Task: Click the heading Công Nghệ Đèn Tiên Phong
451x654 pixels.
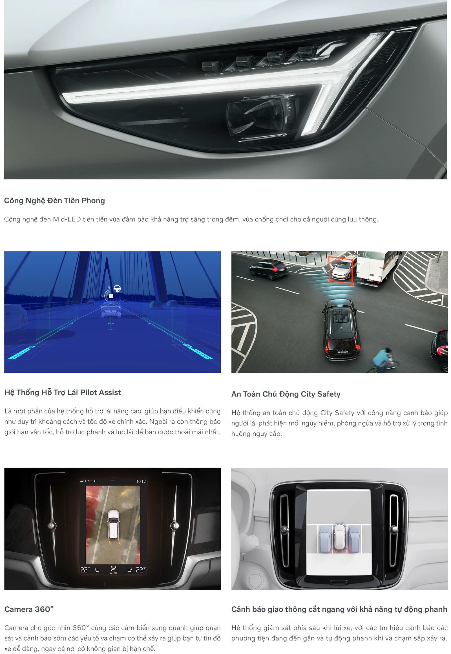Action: coord(54,201)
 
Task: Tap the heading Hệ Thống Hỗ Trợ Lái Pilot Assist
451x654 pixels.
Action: coord(63,393)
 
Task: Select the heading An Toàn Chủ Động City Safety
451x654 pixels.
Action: coord(286,394)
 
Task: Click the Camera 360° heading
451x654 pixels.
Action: coord(29,609)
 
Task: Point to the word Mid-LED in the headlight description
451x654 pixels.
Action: coord(67,219)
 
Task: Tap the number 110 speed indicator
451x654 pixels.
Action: coord(110,296)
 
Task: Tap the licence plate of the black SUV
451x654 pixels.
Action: coord(343,352)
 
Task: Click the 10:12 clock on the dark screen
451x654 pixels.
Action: coord(141,481)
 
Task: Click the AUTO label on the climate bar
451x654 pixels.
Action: coord(113,573)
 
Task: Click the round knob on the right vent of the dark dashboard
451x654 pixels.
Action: coord(174,525)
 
